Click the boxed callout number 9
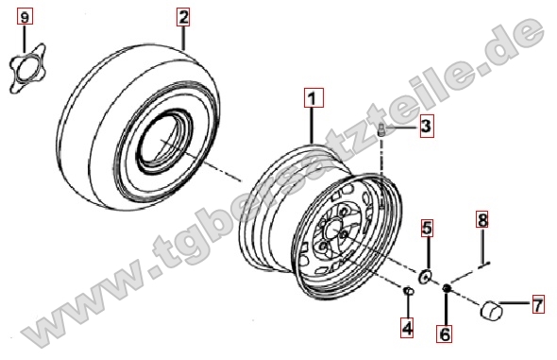point(25,17)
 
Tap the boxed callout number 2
point(183,17)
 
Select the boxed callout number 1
point(312,97)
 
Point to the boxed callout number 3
point(427,126)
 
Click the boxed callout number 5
point(428,228)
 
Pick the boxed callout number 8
point(482,219)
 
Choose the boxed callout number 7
point(538,304)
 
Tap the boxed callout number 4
point(407,327)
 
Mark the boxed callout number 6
point(445,334)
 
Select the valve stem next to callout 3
point(381,129)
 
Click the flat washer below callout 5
point(425,277)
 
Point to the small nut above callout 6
point(447,287)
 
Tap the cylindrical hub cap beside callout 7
point(492,310)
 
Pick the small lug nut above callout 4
point(408,291)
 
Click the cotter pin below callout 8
point(483,265)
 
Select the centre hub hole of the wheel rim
point(332,231)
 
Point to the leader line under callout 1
point(312,125)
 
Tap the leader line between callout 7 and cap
point(515,303)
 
